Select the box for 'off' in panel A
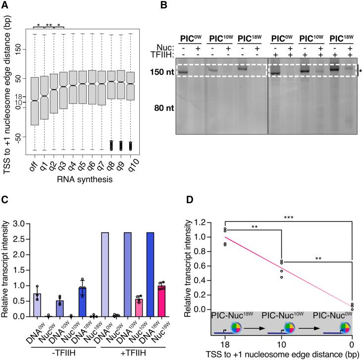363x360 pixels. tap(34, 101)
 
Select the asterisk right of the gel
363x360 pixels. tap(360, 72)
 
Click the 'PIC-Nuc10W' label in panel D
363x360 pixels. tap(289, 315)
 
